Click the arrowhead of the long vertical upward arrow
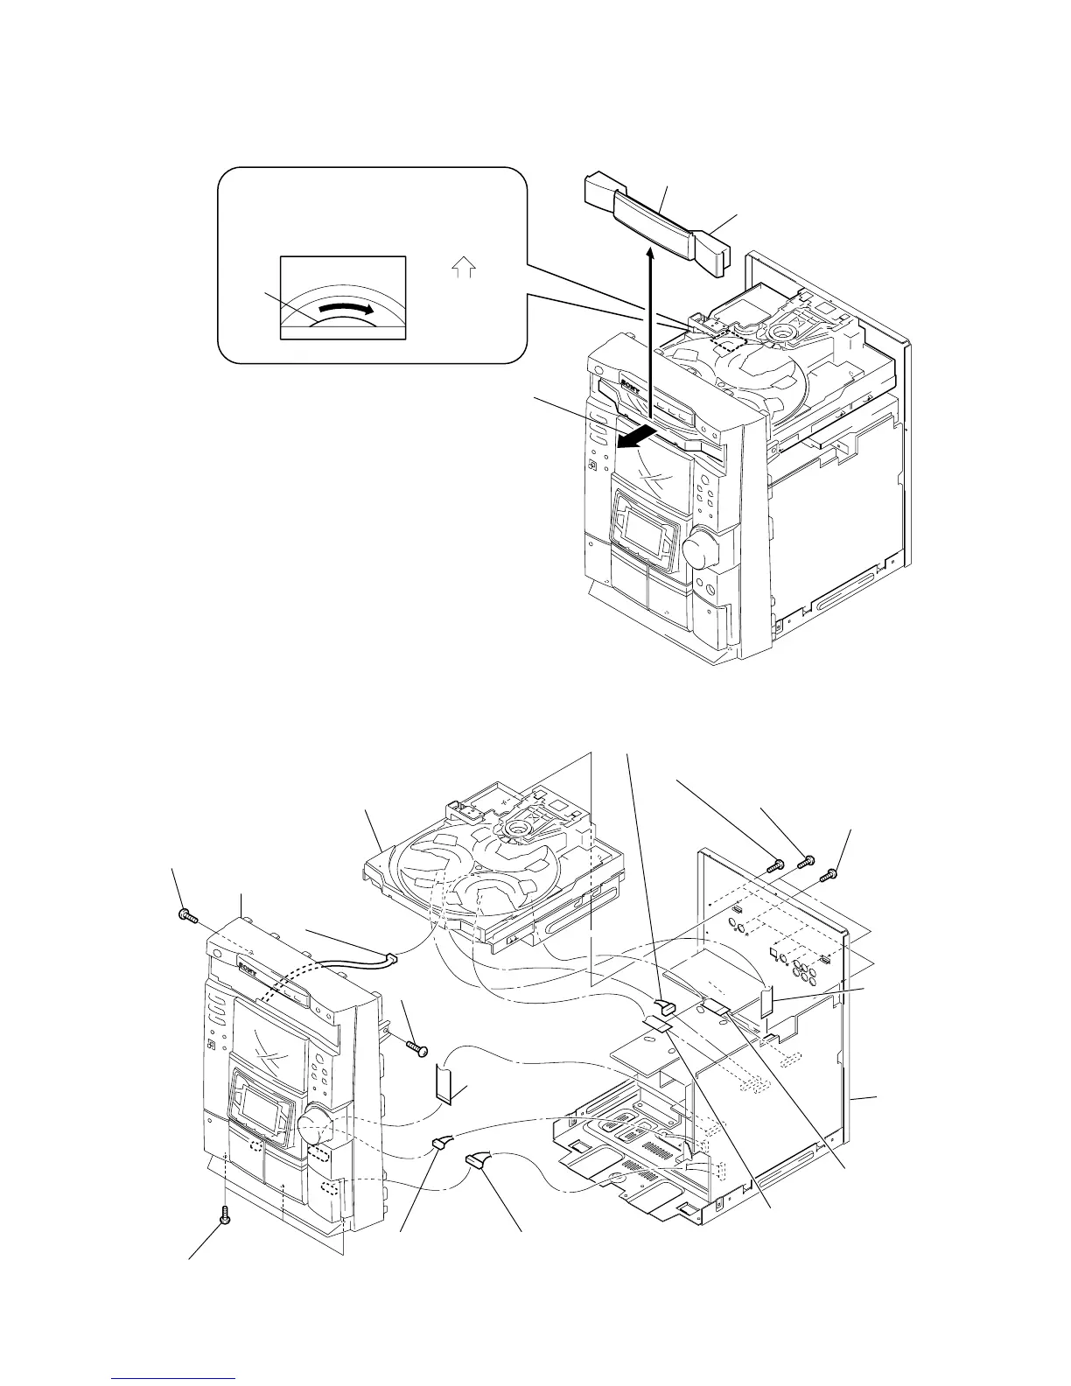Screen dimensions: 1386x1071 pos(650,254)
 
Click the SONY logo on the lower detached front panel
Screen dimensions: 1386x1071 pos(248,967)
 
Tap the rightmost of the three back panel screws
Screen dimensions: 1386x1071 pos(828,872)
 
